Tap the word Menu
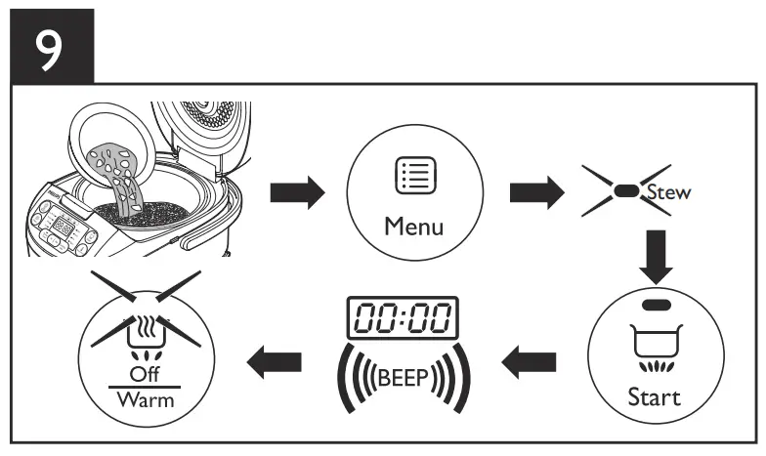pyautogui.click(x=412, y=228)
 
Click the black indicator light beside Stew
pyautogui.click(x=626, y=192)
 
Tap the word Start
pyautogui.click(x=656, y=397)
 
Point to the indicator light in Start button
pyautogui.click(x=656, y=306)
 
